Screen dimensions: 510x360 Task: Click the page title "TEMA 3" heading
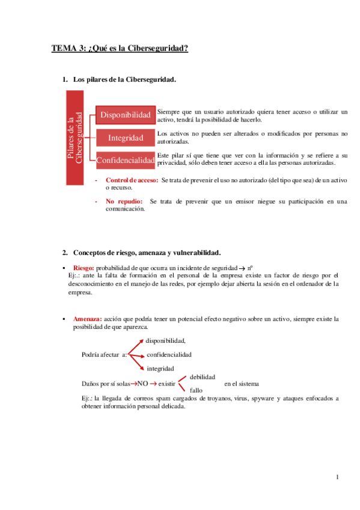[x=120, y=49]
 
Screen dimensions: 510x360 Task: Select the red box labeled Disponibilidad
[x=125, y=115]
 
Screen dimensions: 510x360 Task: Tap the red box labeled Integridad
[x=125, y=138]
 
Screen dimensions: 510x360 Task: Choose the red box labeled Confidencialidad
[x=125, y=160]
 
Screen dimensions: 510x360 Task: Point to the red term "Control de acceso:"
[x=132, y=180]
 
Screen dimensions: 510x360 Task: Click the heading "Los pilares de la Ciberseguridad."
[x=124, y=79]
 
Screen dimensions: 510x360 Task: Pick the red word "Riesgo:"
[x=84, y=267]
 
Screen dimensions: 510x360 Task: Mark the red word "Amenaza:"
[x=87, y=319]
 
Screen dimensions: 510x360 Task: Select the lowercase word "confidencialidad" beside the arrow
[x=169, y=355]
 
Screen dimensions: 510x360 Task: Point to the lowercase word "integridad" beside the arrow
[x=160, y=368]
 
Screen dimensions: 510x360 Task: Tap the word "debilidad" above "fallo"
[x=202, y=376]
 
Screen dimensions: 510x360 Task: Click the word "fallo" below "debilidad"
[x=196, y=390]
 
